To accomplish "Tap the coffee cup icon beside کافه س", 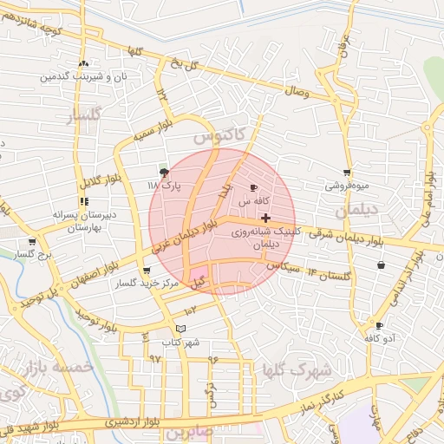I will [253, 187].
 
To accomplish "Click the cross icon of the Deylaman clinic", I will [265, 217].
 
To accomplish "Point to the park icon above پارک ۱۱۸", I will [164, 173].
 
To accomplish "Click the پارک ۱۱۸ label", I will [164, 186].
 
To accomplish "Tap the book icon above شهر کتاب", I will [180, 329].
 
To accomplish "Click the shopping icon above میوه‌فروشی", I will [347, 173].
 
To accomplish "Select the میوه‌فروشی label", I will [347, 186].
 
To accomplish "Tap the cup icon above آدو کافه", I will [379, 325].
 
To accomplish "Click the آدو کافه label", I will [379, 337].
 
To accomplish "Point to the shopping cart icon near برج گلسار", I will [32, 242].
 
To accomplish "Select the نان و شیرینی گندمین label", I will [82, 76].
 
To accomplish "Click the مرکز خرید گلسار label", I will [139, 284].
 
